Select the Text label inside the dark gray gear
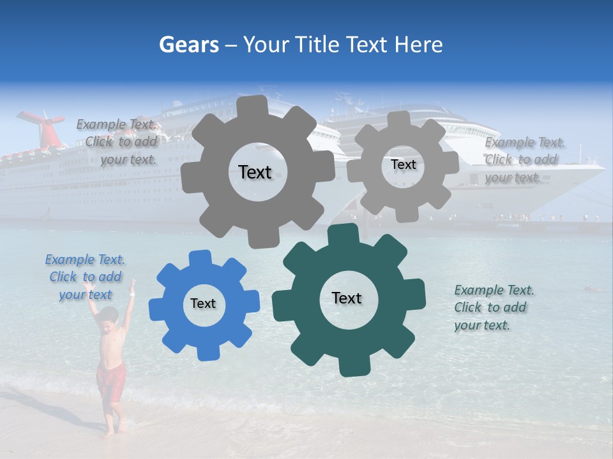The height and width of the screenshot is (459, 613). (255, 172)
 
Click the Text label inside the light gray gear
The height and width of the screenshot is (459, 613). (403, 164)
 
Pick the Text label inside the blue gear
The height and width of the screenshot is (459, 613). (203, 303)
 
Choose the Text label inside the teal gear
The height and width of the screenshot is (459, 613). (347, 298)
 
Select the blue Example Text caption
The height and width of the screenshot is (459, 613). (85, 277)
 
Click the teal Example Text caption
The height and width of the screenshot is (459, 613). (494, 307)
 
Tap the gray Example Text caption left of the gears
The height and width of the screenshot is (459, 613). (119, 142)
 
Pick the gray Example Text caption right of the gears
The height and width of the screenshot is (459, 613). (524, 159)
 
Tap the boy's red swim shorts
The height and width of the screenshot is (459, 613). (110, 381)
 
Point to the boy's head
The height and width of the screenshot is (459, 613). (110, 315)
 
